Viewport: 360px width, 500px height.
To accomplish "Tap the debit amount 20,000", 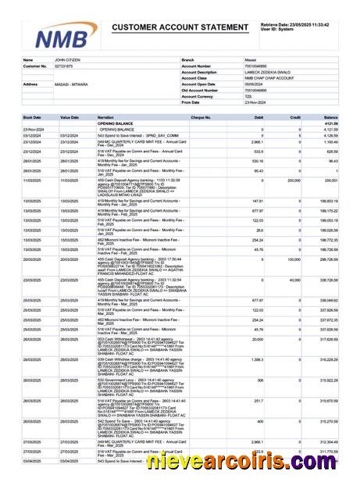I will tap(257, 339).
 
